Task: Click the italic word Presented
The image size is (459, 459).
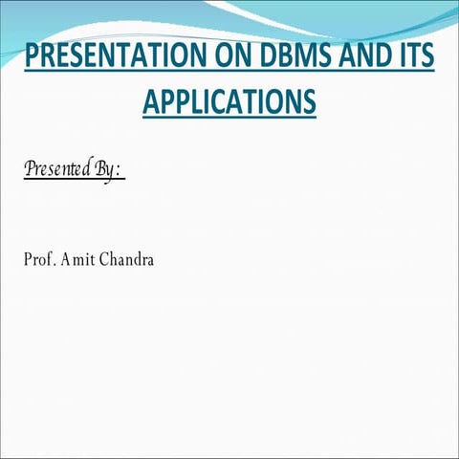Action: pos(57,169)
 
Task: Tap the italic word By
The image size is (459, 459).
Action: pos(105,170)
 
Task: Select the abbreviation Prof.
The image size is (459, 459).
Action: pos(39,259)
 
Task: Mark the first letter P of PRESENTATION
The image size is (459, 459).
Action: pos(32,57)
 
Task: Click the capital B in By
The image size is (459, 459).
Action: pos(99,169)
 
